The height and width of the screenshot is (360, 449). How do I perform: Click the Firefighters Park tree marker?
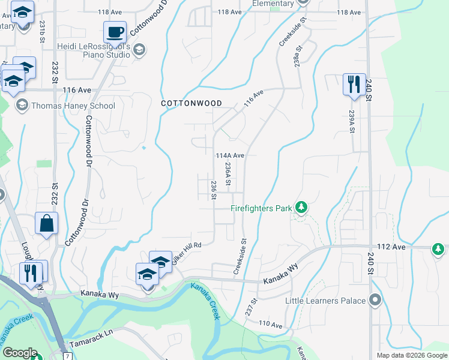click(301, 208)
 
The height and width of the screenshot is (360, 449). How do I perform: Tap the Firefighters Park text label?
click(261, 209)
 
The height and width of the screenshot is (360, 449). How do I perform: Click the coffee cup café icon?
click(115, 32)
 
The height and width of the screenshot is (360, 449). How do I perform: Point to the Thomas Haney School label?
click(73, 106)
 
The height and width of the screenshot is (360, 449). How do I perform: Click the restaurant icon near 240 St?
click(354, 84)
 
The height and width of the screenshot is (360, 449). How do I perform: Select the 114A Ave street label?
click(230, 155)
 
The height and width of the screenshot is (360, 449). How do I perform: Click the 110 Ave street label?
click(270, 325)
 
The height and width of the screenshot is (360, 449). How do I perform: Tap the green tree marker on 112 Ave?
click(439, 248)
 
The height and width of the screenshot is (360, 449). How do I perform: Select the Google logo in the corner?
click(20, 353)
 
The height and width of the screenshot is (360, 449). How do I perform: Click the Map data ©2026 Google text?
click(412, 355)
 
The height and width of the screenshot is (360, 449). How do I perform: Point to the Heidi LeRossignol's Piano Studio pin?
click(139, 50)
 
